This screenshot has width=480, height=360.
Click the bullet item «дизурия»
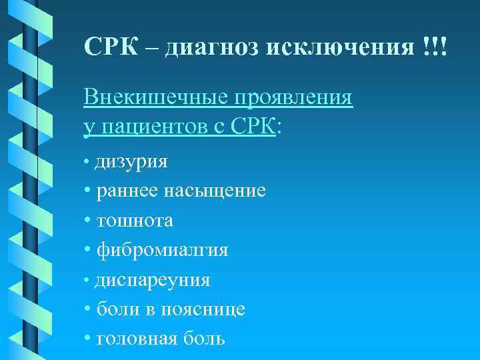coord(131,162)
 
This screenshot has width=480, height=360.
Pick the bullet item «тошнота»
coord(135,221)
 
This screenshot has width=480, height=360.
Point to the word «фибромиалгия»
coord(162,250)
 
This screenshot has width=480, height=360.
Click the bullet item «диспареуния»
coord(152,280)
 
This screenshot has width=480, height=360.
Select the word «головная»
coord(136,339)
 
